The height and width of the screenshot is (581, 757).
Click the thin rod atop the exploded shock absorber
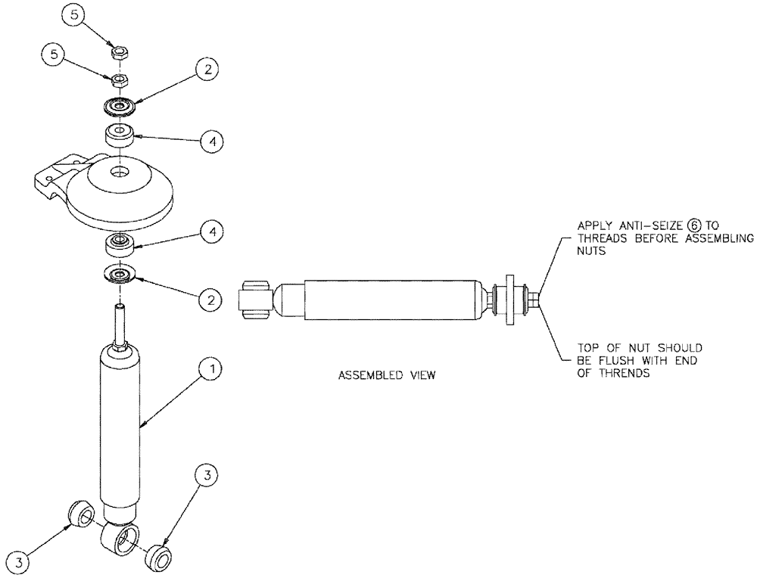point(119,321)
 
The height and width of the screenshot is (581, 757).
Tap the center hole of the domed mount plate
point(119,173)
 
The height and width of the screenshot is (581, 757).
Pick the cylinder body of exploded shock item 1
point(120,431)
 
